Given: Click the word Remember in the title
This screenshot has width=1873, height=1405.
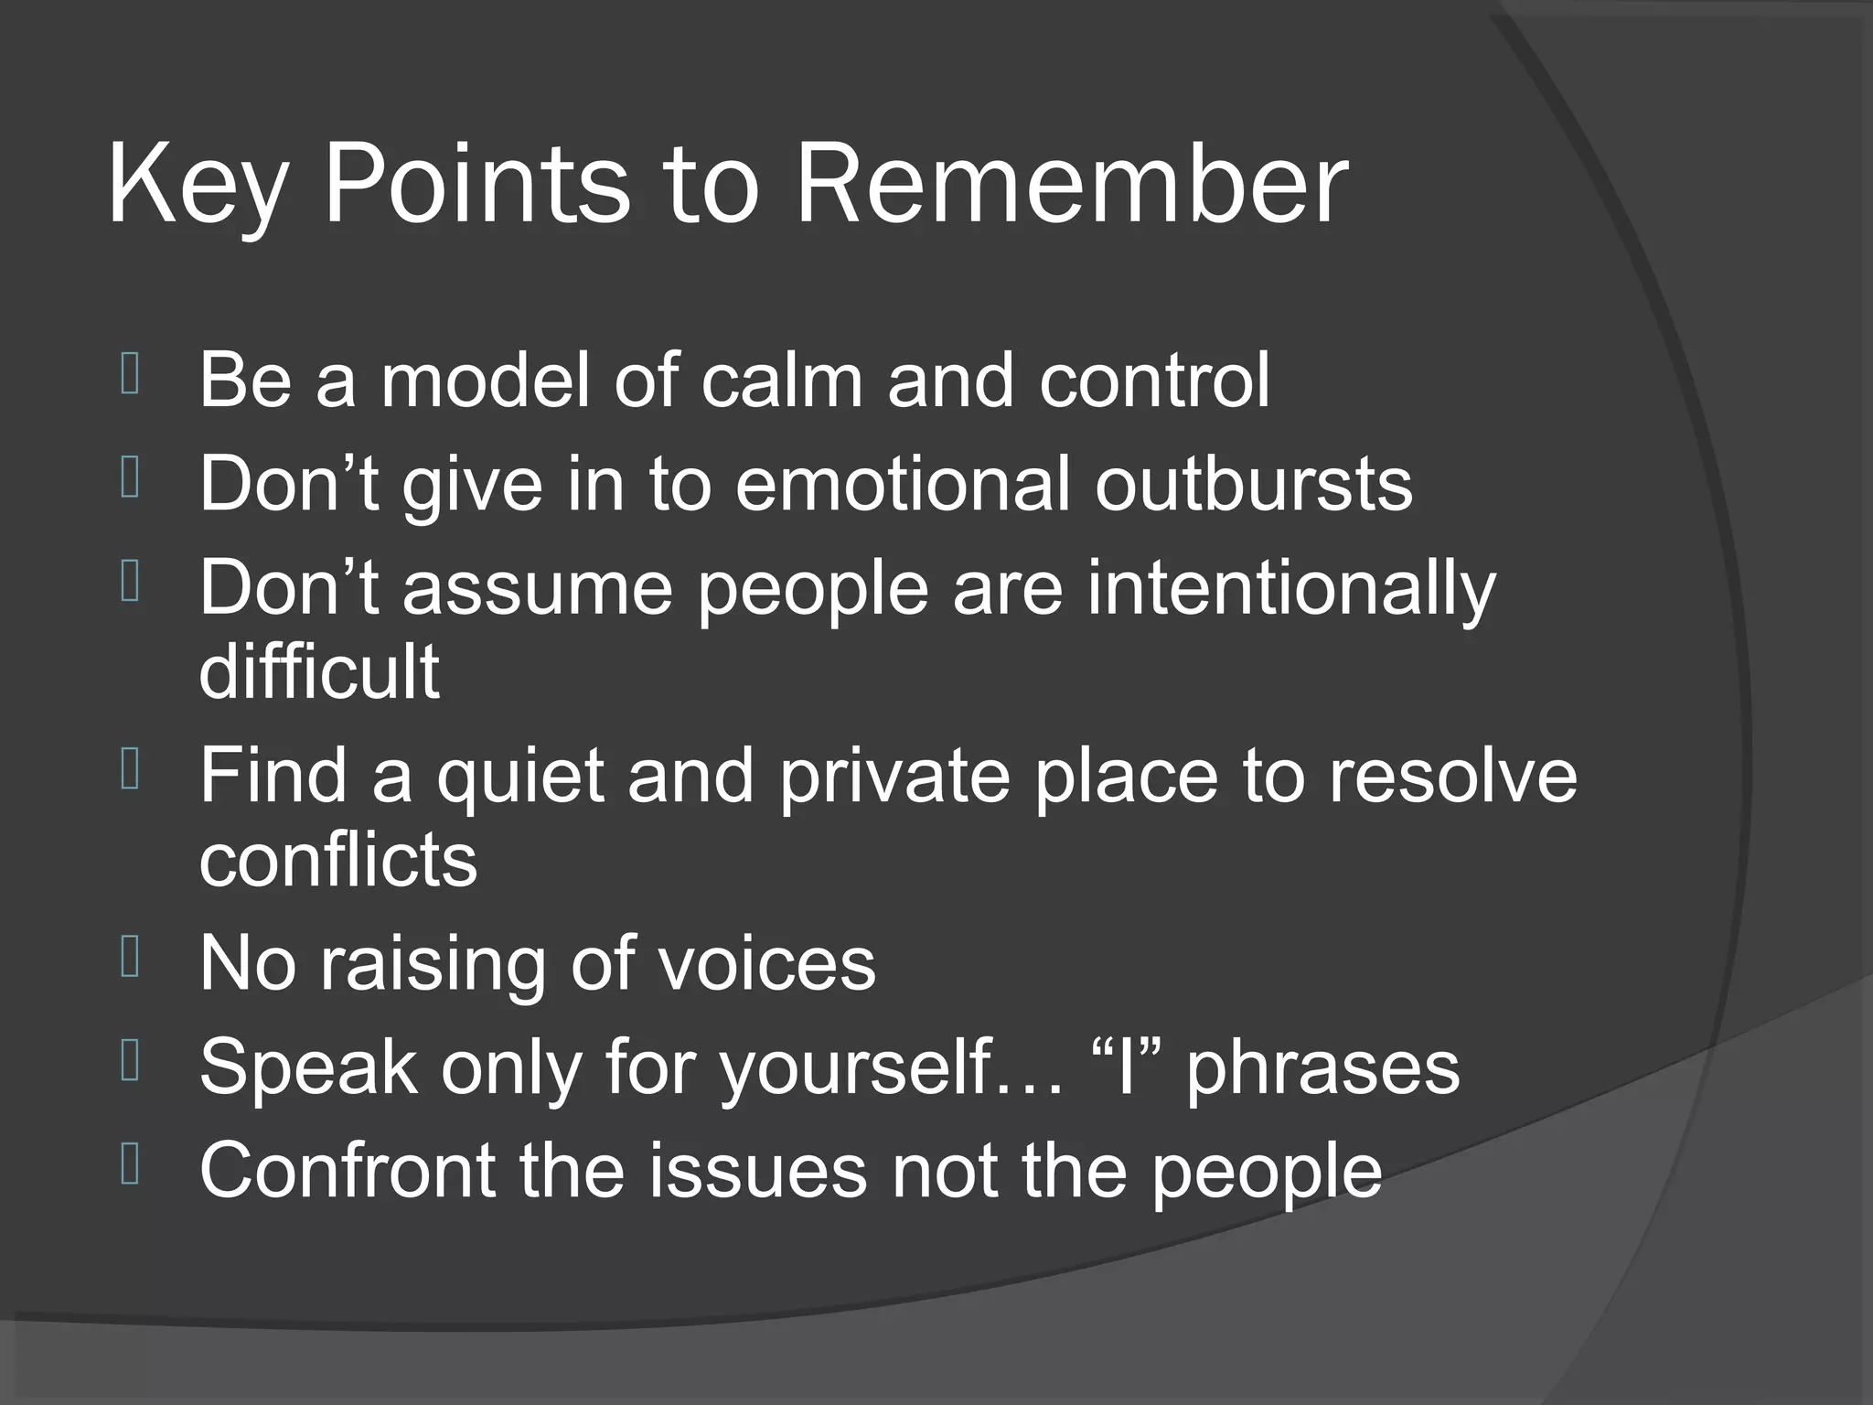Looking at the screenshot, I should point(1071,187).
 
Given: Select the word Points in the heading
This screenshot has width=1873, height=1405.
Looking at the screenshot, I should point(476,187).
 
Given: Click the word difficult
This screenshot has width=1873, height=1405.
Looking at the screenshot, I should point(319,671).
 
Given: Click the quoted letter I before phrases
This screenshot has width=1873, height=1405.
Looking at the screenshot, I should point(1126,1067).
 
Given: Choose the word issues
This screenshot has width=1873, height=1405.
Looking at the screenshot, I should point(758,1170).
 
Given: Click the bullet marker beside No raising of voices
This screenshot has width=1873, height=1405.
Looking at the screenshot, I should point(130,959).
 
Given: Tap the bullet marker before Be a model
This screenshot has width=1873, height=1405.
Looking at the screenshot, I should point(130,375).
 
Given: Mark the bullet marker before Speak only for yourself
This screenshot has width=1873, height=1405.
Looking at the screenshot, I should point(130,1062).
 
